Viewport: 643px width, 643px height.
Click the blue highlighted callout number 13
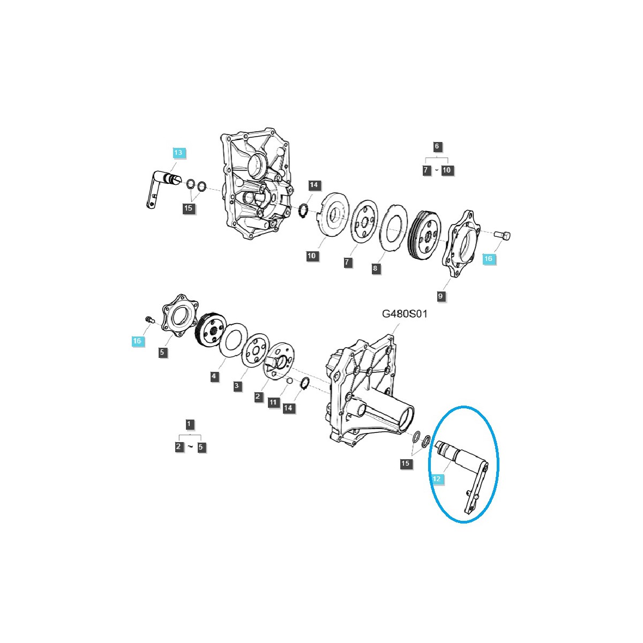tap(178, 153)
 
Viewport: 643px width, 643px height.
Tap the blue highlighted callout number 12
tap(437, 478)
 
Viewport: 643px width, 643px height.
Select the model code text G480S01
tap(405, 313)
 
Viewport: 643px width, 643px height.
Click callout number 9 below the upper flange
tap(440, 296)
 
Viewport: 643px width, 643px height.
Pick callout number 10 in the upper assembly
tap(312, 256)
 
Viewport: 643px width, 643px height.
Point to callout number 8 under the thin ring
tap(376, 268)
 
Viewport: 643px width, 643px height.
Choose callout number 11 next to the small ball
tap(274, 402)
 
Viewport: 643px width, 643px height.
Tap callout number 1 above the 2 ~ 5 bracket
tap(189, 424)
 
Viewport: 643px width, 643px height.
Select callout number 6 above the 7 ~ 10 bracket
tap(437, 146)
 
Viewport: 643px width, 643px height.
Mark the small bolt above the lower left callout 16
tap(149, 320)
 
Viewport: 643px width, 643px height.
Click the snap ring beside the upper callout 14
tap(303, 211)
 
